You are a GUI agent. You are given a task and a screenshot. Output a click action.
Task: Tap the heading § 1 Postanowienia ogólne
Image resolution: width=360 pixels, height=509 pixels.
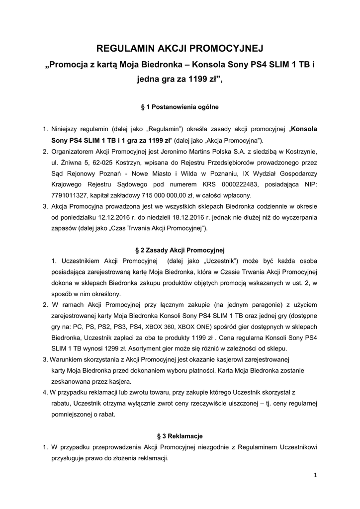tap(180, 106)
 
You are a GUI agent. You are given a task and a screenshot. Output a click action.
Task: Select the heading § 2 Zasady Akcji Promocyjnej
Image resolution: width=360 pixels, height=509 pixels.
tap(180, 250)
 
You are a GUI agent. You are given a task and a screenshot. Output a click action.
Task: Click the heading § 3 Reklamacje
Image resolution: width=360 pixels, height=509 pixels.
tap(180, 436)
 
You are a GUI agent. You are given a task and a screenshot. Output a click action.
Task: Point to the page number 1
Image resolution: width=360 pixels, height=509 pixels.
tap(315, 475)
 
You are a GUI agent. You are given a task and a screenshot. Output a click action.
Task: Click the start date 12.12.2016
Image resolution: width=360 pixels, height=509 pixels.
tap(114, 217)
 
